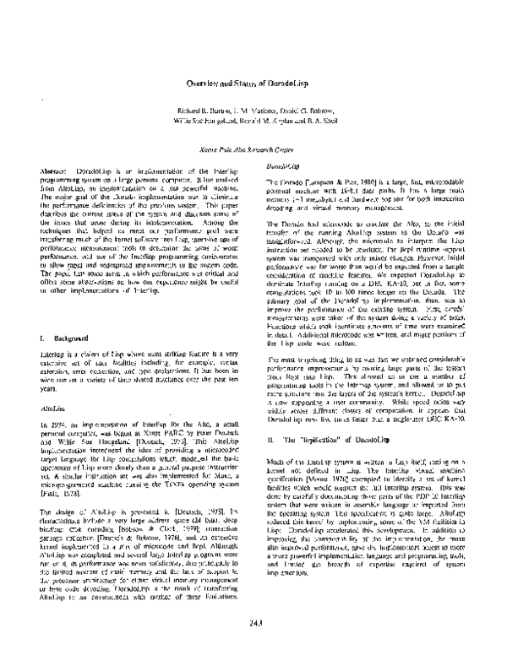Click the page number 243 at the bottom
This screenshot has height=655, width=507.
[x=253, y=623]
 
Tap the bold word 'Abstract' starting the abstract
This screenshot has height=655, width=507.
[x=54, y=171]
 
